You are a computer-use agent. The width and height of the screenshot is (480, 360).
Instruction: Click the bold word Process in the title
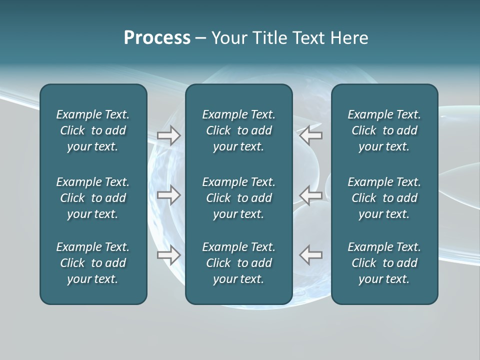pyautogui.click(x=157, y=38)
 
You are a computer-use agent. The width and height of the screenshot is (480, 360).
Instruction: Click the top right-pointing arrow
pyautogui.click(x=168, y=135)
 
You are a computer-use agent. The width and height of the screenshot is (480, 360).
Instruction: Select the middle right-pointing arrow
pyautogui.click(x=168, y=195)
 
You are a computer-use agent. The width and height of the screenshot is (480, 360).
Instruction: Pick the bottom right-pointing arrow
pyautogui.click(x=168, y=255)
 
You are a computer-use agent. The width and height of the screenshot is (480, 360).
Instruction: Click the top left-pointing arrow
pyautogui.click(x=311, y=135)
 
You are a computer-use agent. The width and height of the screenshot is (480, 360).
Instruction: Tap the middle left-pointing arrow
pyautogui.click(x=311, y=195)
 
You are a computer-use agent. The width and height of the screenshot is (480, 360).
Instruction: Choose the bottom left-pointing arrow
pyautogui.click(x=311, y=255)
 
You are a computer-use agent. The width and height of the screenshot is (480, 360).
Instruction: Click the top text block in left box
pyautogui.click(x=93, y=130)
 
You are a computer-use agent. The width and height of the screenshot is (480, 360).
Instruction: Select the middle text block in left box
pyautogui.click(x=93, y=198)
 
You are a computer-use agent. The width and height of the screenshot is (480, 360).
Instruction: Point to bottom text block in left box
pyautogui.click(x=93, y=263)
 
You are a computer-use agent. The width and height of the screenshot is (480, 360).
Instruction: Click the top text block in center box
pyautogui.click(x=238, y=130)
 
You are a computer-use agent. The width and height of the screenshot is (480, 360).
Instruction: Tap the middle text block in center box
pyautogui.click(x=238, y=198)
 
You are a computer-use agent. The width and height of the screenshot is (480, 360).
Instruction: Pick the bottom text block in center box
pyautogui.click(x=238, y=263)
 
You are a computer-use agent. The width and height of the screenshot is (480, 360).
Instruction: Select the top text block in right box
pyautogui.click(x=384, y=130)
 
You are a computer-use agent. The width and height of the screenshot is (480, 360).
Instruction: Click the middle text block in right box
pyautogui.click(x=384, y=198)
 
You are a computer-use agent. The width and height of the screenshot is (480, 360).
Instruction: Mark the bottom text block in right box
pyautogui.click(x=384, y=263)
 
